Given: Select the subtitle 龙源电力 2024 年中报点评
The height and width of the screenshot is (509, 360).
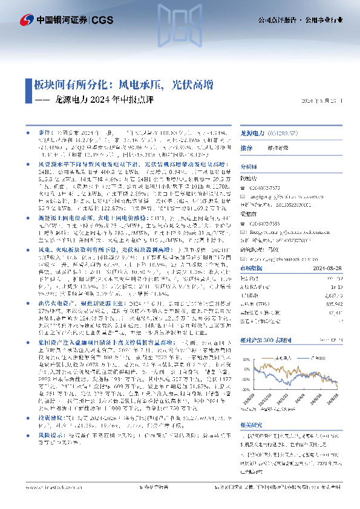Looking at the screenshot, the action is [104, 100].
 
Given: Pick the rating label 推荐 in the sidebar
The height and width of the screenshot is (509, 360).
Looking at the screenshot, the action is [247, 148].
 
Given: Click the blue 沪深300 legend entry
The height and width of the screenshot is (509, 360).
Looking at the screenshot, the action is [325, 358].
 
